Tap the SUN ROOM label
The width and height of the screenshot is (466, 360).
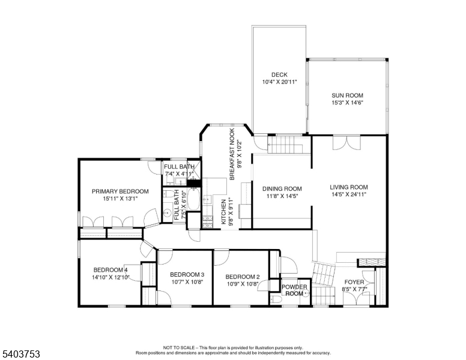pyautogui.click(x=347, y=95)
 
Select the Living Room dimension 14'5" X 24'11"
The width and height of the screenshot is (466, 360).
pyautogui.click(x=348, y=194)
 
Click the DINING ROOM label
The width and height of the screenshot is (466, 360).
pyautogui.click(x=282, y=188)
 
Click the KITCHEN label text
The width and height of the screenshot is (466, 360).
pyautogui.click(x=223, y=211)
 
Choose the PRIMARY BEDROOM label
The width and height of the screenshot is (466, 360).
pyautogui.click(x=120, y=191)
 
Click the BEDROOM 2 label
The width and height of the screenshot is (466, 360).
pyautogui.click(x=242, y=277)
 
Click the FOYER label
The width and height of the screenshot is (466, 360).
pyautogui.click(x=354, y=281)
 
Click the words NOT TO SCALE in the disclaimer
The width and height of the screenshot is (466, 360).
pyautogui.click(x=180, y=347)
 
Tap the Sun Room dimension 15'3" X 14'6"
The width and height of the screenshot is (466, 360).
pyautogui.click(x=347, y=103)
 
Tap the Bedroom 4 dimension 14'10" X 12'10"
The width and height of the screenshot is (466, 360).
pyautogui.click(x=111, y=277)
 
